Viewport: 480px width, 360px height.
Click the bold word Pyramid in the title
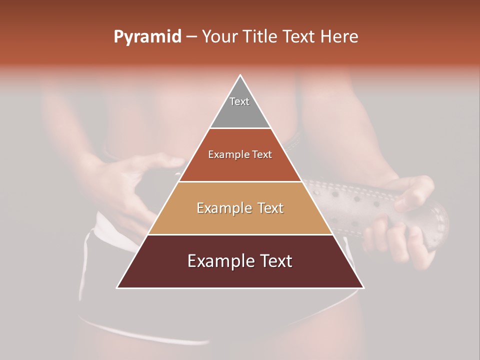pyautogui.click(x=147, y=37)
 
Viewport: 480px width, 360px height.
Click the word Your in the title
pyautogui.click(x=218, y=37)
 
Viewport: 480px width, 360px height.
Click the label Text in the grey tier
pyautogui.click(x=239, y=101)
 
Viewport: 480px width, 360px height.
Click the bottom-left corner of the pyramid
pyautogui.click(x=117, y=287)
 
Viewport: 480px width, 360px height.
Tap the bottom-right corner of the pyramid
pyautogui.click(x=363, y=287)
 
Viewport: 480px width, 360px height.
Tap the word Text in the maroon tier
pyautogui.click(x=274, y=261)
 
